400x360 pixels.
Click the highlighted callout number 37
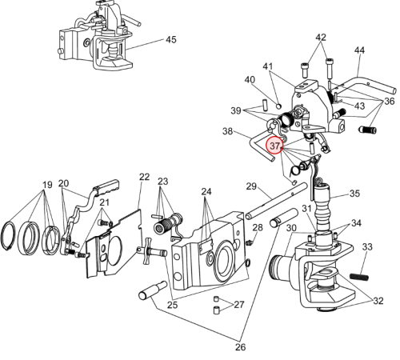tap(275, 146)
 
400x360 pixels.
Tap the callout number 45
tap(171, 40)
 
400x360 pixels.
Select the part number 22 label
tap(144, 177)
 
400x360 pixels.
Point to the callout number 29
tap(251, 186)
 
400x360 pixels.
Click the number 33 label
tap(367, 246)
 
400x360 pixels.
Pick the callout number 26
tap(240, 347)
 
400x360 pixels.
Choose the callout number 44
tap(359, 50)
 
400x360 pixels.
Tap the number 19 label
tap(47, 185)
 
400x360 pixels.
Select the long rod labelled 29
tap(276, 201)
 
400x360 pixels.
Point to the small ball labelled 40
tap(278, 106)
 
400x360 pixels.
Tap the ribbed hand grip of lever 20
tap(106, 185)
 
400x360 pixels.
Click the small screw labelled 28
tap(250, 242)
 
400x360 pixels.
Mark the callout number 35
tap(354, 194)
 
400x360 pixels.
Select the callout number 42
tap(321, 37)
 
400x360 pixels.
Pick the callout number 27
tap(239, 304)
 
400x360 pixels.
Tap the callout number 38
tap(227, 131)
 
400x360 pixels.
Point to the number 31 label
tap(307, 209)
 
